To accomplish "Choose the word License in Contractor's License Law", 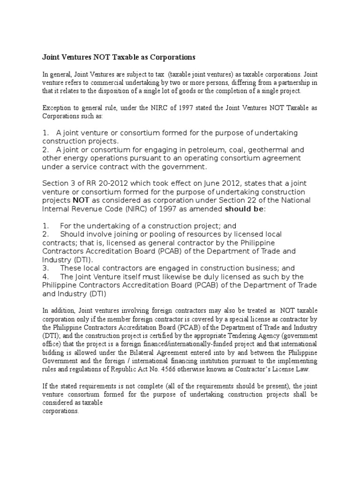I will pos(272,369).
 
